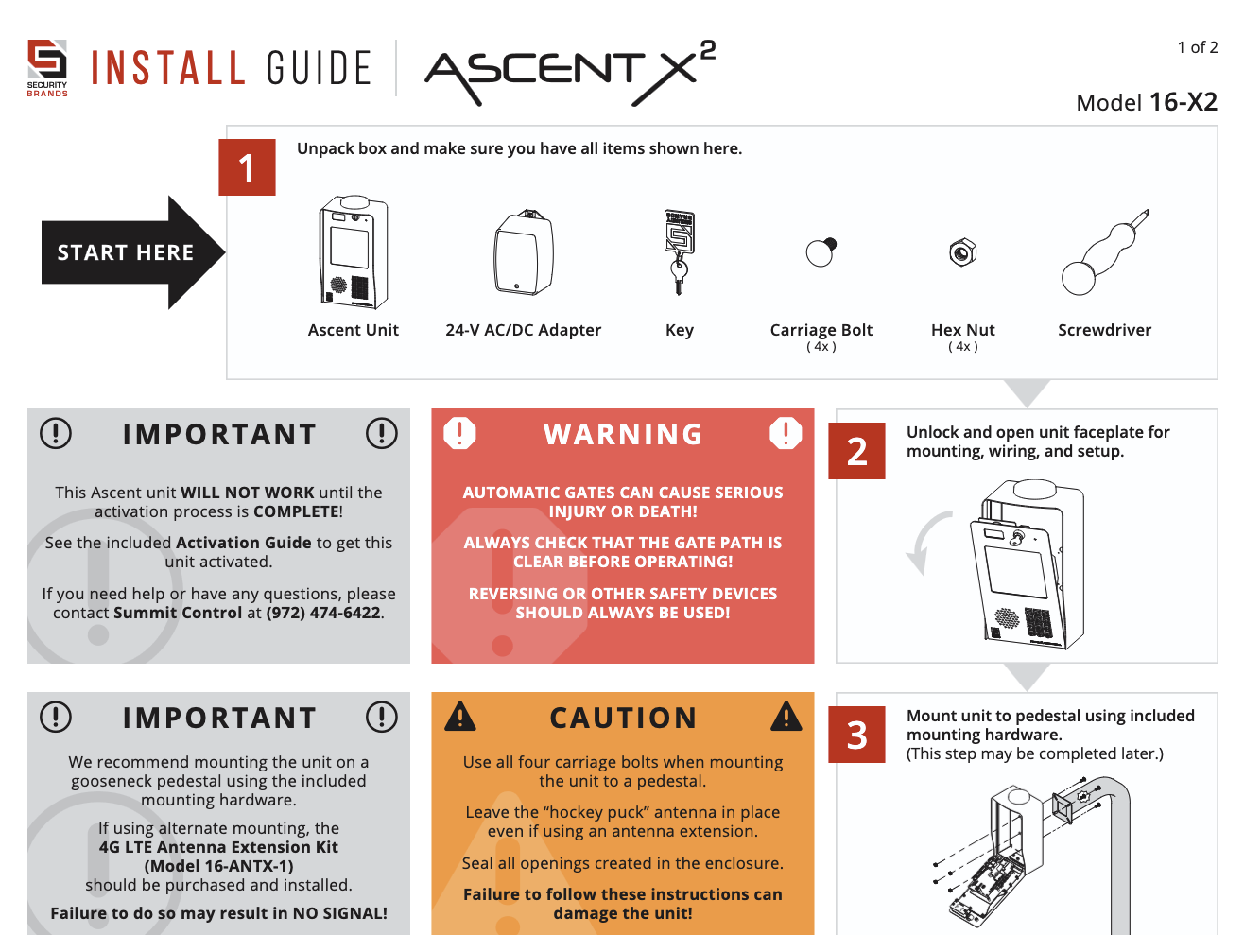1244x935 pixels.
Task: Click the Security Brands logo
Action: pyautogui.click(x=47, y=68)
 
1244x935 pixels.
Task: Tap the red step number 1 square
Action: pyautogui.click(x=247, y=167)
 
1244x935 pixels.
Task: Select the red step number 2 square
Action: pyautogui.click(x=856, y=451)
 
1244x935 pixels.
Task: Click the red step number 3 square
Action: pyautogui.click(x=856, y=734)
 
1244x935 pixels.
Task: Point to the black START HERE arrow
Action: pyautogui.click(x=133, y=252)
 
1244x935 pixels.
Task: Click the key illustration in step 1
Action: pyautogui.click(x=679, y=252)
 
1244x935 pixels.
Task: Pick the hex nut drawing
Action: pyautogui.click(x=962, y=252)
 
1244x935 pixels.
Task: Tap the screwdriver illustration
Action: pyautogui.click(x=1104, y=252)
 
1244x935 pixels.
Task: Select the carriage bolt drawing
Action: pyautogui.click(x=821, y=251)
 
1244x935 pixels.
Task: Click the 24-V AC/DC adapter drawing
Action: pyautogui.click(x=524, y=252)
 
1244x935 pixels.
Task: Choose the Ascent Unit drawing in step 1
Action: pyautogui.click(x=354, y=251)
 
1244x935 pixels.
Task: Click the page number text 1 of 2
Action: pyautogui.click(x=1197, y=47)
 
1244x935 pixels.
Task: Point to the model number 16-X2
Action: pyautogui.click(x=1184, y=102)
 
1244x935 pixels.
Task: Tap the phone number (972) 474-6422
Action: pyautogui.click(x=323, y=613)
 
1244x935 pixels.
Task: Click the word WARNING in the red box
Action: pyautogui.click(x=623, y=435)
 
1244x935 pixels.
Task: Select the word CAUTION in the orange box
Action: pyautogui.click(x=623, y=718)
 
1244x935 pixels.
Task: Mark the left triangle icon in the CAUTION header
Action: pyautogui.click(x=460, y=717)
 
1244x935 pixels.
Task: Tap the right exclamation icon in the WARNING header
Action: pyautogui.click(x=786, y=434)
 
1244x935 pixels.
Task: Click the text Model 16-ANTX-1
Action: pyautogui.click(x=218, y=866)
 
